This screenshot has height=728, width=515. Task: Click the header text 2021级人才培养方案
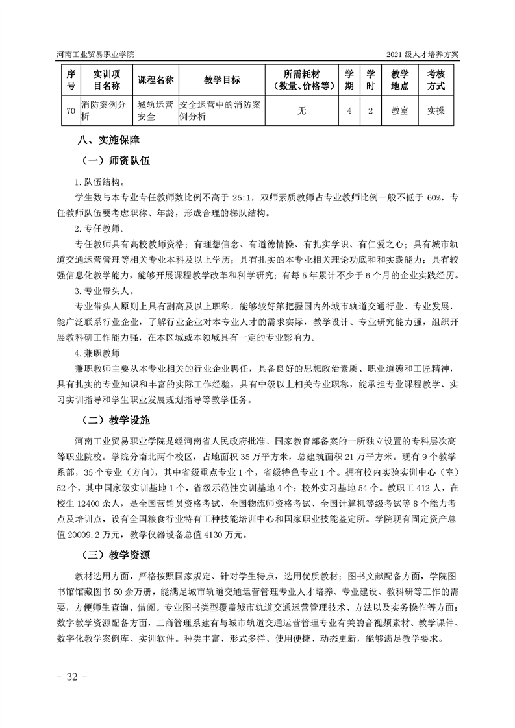click(x=422, y=55)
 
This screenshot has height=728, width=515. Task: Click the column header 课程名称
click(x=156, y=80)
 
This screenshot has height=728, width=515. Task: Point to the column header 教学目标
click(x=221, y=80)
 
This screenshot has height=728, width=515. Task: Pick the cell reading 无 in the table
click(x=302, y=111)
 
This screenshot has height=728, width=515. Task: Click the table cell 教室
click(x=399, y=111)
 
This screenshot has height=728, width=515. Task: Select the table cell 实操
click(x=436, y=111)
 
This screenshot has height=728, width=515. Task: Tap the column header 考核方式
click(x=436, y=80)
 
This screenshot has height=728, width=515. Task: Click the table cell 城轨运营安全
click(x=156, y=111)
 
